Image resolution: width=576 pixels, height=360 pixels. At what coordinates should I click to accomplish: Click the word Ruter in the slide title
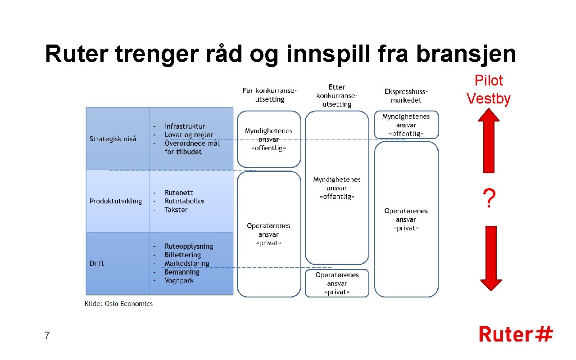(x=77, y=54)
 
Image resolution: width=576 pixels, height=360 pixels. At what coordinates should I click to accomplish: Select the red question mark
(x=489, y=198)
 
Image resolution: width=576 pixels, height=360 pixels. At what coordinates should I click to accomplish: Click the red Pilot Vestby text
(x=489, y=90)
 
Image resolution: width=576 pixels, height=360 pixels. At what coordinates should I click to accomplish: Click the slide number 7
(x=47, y=335)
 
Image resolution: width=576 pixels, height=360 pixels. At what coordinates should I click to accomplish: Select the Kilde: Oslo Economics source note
(x=119, y=304)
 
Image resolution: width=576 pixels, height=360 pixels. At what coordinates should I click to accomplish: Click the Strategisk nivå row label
(x=113, y=139)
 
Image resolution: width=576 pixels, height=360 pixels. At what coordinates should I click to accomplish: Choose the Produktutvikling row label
(x=116, y=201)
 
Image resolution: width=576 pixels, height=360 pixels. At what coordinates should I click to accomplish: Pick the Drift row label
(x=97, y=263)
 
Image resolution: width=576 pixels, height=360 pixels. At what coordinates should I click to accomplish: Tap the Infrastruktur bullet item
(x=185, y=126)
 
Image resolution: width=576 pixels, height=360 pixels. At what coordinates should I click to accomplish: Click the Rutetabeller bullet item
(x=185, y=201)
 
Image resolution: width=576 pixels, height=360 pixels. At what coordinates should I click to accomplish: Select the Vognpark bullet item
(x=179, y=280)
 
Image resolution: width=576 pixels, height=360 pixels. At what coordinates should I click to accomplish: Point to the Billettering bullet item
(x=182, y=255)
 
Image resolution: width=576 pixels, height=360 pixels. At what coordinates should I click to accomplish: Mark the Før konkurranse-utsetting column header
(x=269, y=95)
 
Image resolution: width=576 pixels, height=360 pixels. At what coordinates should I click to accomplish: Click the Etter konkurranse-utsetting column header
(x=337, y=95)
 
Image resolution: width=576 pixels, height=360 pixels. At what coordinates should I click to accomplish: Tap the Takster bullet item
(x=176, y=210)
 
